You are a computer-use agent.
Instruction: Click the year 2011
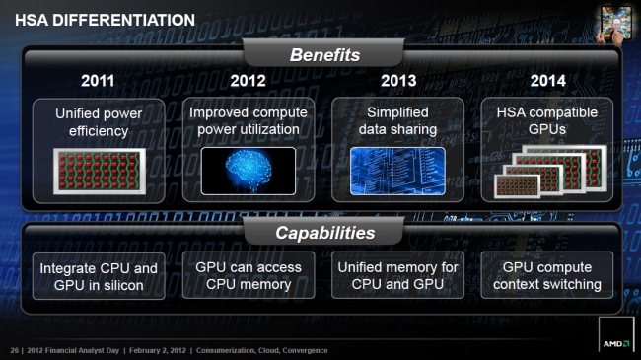click(97, 81)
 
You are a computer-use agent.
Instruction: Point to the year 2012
click(248, 81)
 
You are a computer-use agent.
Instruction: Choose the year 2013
click(396, 81)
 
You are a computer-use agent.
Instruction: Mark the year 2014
click(547, 81)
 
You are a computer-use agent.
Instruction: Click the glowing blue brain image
click(248, 170)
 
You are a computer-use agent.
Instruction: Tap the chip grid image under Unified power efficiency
click(98, 171)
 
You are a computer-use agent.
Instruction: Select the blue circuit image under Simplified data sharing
click(396, 170)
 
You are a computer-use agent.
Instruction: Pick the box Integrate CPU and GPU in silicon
click(98, 276)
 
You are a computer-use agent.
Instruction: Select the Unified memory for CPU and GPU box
click(397, 275)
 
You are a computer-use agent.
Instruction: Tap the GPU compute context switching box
click(546, 275)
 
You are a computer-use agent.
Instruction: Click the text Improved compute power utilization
click(248, 121)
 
